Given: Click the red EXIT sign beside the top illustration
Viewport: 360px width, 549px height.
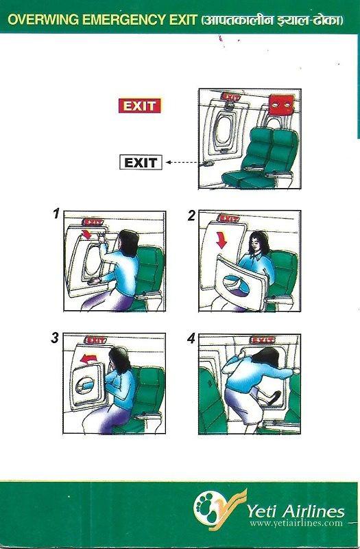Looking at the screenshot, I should pyautogui.click(x=139, y=106).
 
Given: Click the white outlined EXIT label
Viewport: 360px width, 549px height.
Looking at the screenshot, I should pyautogui.click(x=141, y=163).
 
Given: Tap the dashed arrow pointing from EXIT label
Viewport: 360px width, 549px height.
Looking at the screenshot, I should pyautogui.click(x=180, y=163).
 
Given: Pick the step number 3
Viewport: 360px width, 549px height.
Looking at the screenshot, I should pyautogui.click(x=55, y=337).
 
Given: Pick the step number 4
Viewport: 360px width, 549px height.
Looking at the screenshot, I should pyautogui.click(x=191, y=338).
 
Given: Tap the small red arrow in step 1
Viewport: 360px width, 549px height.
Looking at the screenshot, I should pyautogui.click(x=87, y=235).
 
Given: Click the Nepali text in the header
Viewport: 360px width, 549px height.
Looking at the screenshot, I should pyautogui.click(x=273, y=21).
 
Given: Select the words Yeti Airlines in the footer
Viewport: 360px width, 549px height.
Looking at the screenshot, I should pyautogui.click(x=296, y=510).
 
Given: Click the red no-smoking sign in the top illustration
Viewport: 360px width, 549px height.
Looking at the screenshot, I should pyautogui.click(x=278, y=105).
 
